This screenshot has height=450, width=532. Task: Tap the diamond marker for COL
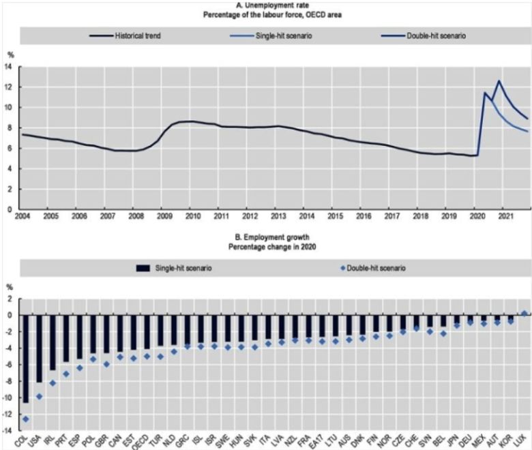click(26, 418)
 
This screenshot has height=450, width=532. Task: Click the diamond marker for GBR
click(106, 364)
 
